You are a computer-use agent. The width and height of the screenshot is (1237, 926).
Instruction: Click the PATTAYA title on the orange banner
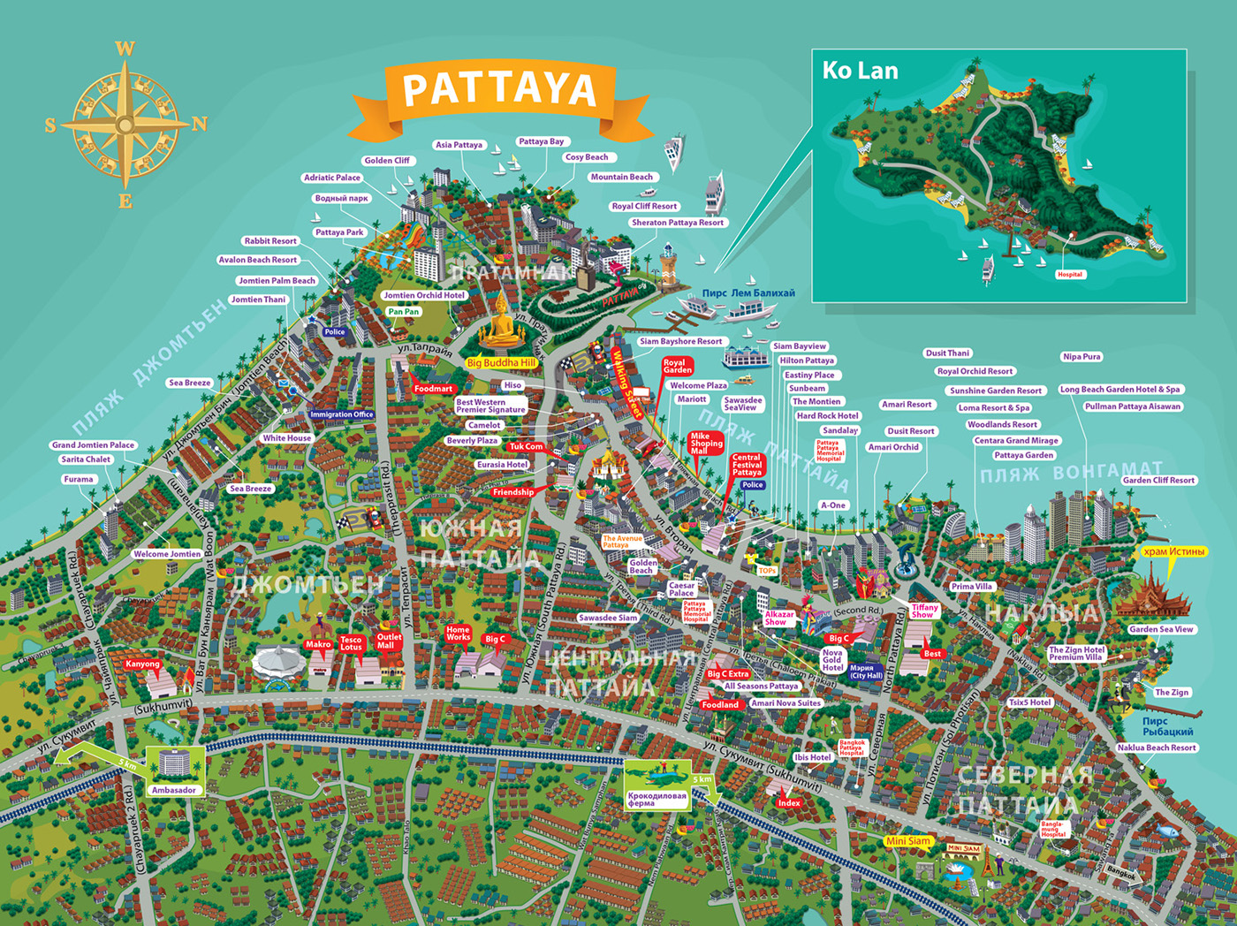499,89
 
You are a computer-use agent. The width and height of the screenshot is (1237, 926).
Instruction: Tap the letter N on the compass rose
200,124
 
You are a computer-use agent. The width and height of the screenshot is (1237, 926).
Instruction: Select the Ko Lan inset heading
860,71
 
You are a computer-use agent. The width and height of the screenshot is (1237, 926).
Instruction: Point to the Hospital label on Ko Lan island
1069,275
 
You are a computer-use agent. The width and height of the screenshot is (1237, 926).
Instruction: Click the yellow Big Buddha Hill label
501,362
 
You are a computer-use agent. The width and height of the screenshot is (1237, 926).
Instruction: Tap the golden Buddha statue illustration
501,323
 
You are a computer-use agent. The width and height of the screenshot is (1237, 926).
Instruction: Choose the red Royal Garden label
677,366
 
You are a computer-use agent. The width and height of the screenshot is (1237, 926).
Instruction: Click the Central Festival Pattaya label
747,465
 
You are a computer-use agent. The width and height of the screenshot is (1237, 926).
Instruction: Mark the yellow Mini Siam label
908,841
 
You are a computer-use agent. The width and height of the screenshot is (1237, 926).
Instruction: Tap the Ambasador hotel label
174,790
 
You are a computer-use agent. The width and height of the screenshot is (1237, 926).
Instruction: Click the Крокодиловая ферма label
656,800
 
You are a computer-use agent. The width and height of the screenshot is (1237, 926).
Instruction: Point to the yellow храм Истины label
1173,551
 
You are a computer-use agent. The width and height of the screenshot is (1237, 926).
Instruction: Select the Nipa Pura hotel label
1081,357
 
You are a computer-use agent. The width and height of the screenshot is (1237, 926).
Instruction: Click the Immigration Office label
342,414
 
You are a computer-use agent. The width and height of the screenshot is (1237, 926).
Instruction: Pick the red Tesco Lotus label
351,643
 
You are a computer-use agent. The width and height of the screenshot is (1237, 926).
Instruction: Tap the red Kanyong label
142,664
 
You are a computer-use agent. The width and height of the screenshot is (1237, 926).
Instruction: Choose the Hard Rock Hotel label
827,416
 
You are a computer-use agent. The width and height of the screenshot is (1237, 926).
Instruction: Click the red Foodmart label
433,389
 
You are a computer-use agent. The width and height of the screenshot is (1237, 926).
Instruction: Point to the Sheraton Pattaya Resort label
677,223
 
